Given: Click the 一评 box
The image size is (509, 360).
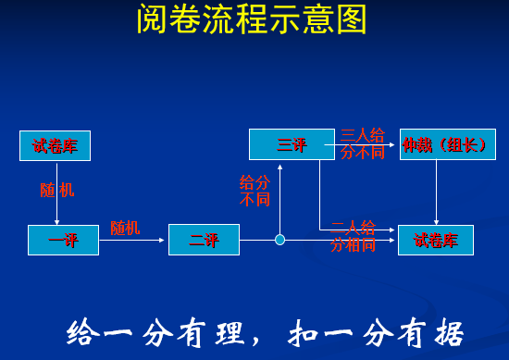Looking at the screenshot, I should tap(63, 240).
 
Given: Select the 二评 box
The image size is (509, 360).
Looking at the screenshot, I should tap(204, 240).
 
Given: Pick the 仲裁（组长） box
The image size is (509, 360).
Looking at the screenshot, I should tap(447, 144).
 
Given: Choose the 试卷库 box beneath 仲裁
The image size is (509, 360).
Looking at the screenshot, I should tap(435, 240).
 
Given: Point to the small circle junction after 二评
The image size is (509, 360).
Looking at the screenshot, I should tap(280, 240).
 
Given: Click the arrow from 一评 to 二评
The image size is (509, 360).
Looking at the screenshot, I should tap(133, 240).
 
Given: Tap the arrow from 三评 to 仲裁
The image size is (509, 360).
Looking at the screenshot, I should tap(366, 144).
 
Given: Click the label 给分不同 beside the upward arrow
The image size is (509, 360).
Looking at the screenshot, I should tap(255, 191).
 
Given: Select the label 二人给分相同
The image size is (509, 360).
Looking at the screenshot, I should tap(354, 236).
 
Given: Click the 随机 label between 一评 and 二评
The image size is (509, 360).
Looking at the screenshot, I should tap(125, 227).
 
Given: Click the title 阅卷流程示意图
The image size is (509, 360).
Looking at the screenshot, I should tap(252, 19).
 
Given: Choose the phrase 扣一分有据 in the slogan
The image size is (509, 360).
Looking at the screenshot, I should tap(376, 332).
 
